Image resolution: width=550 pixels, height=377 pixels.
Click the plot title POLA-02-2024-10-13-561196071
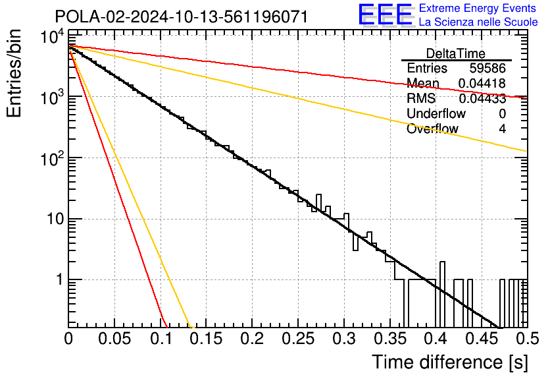tap(182, 16)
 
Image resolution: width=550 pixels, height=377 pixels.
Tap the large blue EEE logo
tap(385, 14)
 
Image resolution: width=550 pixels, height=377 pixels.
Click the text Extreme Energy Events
tap(478, 8)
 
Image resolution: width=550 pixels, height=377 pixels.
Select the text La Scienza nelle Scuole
tap(478, 22)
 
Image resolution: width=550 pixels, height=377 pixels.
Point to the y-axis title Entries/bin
tap(14, 73)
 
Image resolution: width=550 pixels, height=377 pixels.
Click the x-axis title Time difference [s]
tap(450, 362)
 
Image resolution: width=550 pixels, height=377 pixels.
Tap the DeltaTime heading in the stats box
tap(456, 54)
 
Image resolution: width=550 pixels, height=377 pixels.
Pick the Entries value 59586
tap(488, 68)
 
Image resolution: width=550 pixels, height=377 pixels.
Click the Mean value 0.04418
tap(482, 83)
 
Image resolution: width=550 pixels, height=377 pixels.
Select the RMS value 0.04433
tap(482, 99)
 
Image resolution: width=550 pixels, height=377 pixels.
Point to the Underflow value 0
tap(502, 113)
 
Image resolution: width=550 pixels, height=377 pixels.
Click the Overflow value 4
tap(502, 129)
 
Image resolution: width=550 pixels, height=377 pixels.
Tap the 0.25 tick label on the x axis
tap(298, 339)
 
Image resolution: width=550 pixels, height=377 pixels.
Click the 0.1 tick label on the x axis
tap(162, 339)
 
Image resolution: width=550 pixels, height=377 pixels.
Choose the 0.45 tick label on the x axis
tap(482, 339)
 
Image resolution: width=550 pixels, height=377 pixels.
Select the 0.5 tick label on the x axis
tap(528, 339)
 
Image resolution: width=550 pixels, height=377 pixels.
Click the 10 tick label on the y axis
tap(56, 219)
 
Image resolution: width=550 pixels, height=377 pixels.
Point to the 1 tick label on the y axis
tap(60, 280)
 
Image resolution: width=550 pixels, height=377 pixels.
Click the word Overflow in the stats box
tap(432, 129)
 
